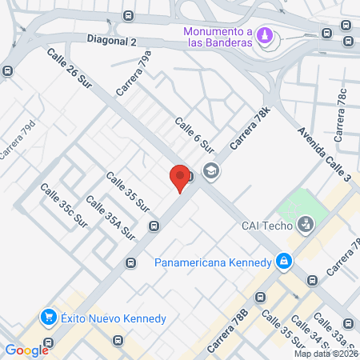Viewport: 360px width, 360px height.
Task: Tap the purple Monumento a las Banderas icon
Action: click(266, 37)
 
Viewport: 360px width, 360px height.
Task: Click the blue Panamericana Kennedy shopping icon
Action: click(283, 261)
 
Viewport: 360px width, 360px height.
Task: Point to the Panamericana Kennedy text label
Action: click(213, 262)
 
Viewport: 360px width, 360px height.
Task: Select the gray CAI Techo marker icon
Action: click(305, 225)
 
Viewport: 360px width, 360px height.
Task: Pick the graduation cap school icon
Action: click(211, 170)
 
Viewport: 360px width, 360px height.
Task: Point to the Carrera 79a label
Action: click(133, 74)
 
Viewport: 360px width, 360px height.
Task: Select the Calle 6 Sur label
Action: click(196, 134)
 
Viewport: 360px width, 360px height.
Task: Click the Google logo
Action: click(26, 350)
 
